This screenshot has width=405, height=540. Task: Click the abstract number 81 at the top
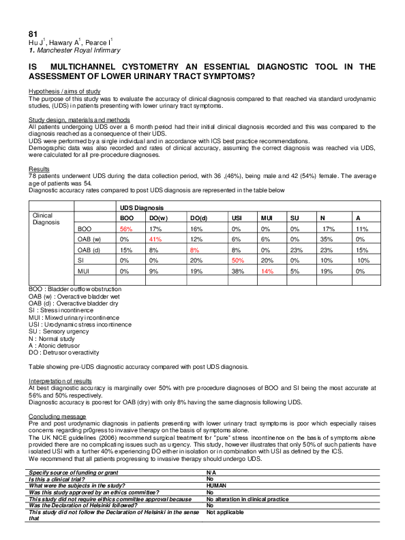pyautogui.click(x=33, y=33)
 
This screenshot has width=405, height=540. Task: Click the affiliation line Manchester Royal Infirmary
pyautogui.click(x=72, y=51)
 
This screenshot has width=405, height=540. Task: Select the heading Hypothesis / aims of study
pyautogui.click(x=64, y=91)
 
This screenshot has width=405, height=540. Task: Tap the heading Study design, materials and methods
pyautogui.click(x=75, y=119)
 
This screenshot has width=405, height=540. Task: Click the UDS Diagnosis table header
pyautogui.click(x=142, y=207)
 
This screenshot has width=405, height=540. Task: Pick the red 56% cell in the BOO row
pyautogui.click(x=125, y=229)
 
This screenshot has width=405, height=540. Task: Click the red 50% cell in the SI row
pyautogui.click(x=237, y=260)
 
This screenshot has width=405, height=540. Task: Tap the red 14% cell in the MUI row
pyautogui.click(x=267, y=271)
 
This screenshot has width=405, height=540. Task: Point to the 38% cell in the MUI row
pyautogui.click(x=237, y=271)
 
